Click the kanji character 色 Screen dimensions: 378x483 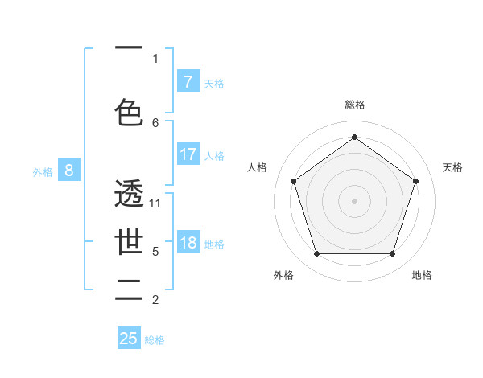coord(130,113)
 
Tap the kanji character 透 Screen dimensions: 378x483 coord(130,194)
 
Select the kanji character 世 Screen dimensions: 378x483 coord(130,242)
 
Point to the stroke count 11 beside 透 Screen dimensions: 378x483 coord(155,203)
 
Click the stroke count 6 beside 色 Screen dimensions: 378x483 coord(155,122)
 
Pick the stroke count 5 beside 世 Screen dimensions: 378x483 coord(155,252)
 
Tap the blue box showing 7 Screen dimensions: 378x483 coord(188,82)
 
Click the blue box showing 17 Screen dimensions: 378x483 coord(188,154)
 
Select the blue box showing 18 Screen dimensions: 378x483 coord(188,244)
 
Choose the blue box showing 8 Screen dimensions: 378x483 coord(69,170)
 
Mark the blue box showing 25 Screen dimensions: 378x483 coord(129,339)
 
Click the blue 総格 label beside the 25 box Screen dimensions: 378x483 coord(155,340)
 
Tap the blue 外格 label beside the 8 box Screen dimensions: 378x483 coord(43,171)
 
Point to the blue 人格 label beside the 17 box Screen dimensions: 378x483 coord(214,156)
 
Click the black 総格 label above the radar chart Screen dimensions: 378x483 coord(354,105)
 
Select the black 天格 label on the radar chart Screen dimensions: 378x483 coord(452,167)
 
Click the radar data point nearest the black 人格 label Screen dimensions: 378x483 coord(293,181)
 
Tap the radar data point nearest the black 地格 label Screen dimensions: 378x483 coord(392,253)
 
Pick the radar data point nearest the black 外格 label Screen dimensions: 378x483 coord(316,253)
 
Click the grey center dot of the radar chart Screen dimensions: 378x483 coord(354,201)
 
